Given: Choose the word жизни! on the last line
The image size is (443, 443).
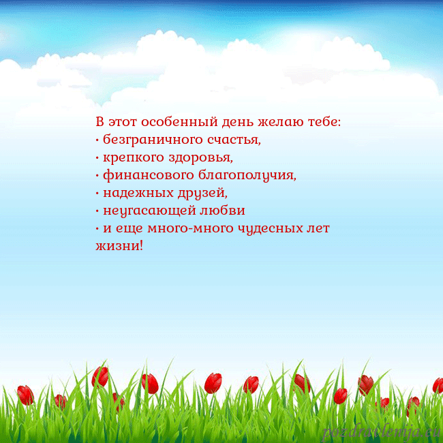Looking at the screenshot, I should [119, 245].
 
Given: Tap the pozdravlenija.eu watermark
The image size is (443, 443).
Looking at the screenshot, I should [382, 431].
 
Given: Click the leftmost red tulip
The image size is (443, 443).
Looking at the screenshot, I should [25, 394].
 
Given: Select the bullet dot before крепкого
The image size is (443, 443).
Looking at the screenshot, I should [97, 159].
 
